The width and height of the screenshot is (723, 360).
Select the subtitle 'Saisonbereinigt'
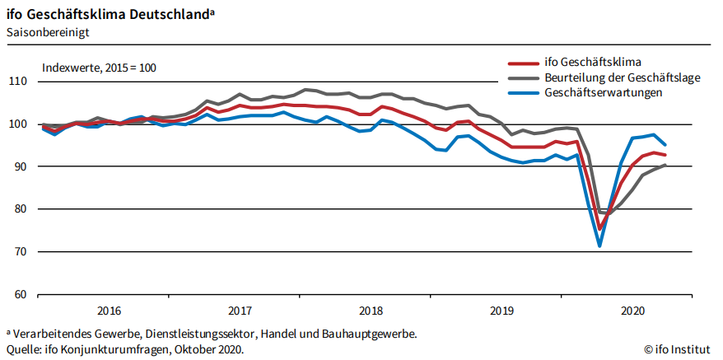[48, 32]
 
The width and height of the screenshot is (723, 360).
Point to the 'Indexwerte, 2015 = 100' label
[99, 67]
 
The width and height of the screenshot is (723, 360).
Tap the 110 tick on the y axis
[18, 82]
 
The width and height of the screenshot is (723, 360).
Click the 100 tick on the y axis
[18, 124]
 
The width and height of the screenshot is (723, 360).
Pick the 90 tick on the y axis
[21, 167]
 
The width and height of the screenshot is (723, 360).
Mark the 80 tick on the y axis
[21, 209]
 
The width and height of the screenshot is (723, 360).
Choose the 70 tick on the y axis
[21, 252]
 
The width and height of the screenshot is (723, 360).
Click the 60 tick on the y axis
[21, 295]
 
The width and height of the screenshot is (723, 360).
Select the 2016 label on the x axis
[110, 311]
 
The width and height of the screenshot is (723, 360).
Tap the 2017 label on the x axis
[240, 311]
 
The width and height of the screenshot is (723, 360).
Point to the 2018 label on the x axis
[371, 311]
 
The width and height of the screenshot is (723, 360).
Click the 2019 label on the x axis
[502, 311]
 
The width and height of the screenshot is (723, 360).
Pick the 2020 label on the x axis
[632, 311]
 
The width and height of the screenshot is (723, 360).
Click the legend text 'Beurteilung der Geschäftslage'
[623, 77]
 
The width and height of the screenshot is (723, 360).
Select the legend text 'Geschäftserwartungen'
[604, 92]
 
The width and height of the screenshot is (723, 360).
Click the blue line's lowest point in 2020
[599, 245]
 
